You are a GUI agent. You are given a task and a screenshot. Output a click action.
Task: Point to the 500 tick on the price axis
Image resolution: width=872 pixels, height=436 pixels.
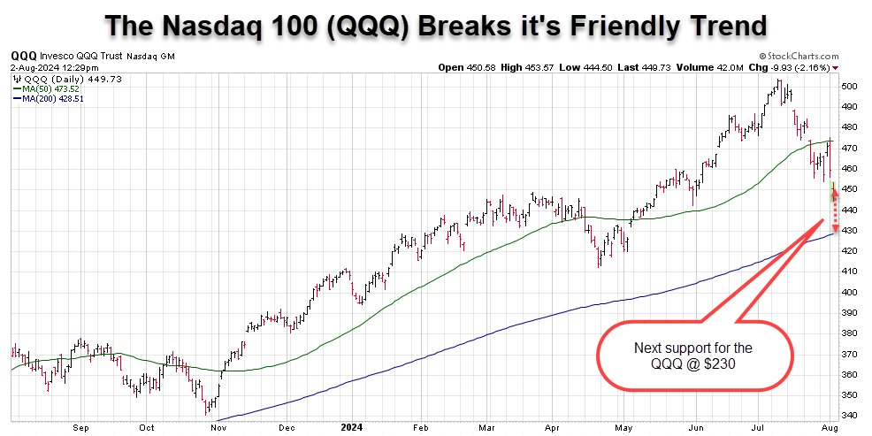[849, 86]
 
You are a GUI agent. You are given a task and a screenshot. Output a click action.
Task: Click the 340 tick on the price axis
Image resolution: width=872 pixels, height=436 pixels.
[849, 416]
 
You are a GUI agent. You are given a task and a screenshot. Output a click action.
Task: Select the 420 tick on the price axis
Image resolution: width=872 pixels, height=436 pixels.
[849, 251]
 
